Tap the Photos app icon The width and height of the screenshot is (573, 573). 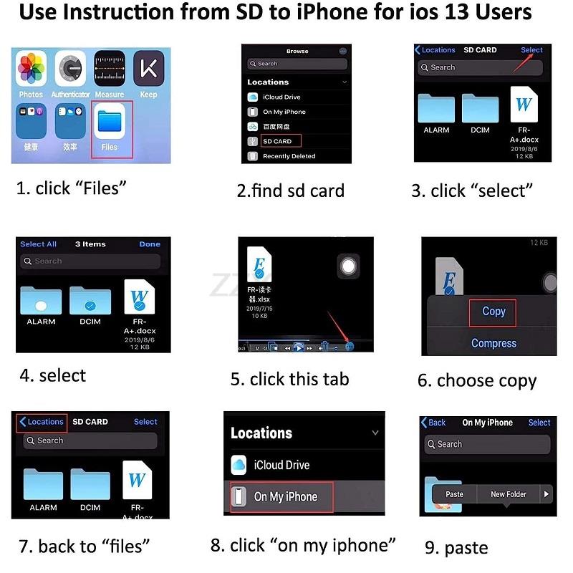pos(32,69)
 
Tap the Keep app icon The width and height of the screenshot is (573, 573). pos(149,69)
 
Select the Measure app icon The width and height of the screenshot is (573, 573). pos(110,69)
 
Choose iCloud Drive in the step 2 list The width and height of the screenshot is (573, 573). pos(281,97)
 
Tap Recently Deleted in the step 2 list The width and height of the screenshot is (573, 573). pos(289,156)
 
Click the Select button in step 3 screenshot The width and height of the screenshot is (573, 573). pos(531,50)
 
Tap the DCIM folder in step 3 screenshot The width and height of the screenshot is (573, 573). pos(480,109)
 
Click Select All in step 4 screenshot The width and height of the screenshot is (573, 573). pos(38,244)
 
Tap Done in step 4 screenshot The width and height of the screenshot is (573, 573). pos(150,244)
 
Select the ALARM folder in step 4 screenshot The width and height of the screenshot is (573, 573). pos(41,301)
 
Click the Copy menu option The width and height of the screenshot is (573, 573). pos(493,312)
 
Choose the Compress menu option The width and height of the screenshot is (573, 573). pos(493,343)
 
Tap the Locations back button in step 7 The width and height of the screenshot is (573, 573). pos(42,422)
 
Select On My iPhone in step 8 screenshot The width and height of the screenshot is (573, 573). pos(285,496)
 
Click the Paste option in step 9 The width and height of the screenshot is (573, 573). pos(455,494)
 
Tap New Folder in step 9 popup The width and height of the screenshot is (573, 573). pos(509,494)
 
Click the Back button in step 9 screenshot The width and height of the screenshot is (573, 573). pos(434,423)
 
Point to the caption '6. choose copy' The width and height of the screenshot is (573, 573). pos(477,380)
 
